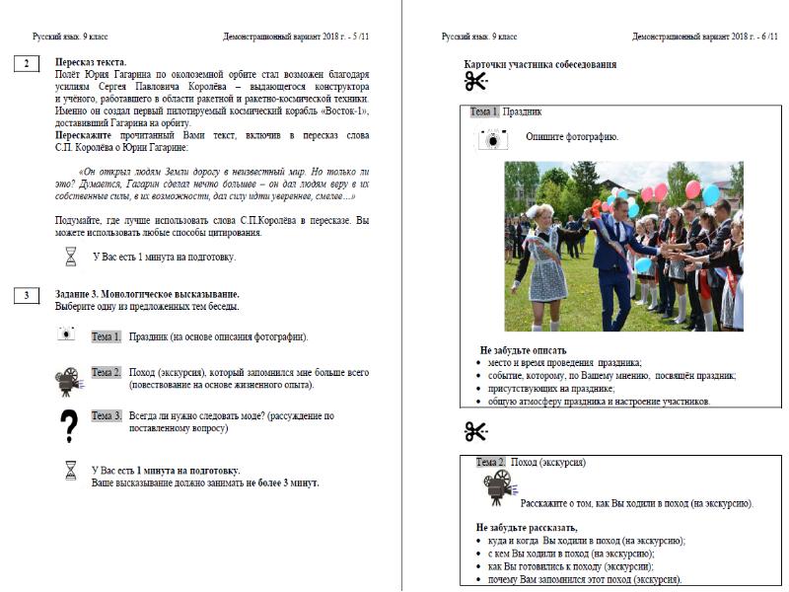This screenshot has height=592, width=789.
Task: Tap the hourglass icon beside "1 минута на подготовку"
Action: (x=70, y=257)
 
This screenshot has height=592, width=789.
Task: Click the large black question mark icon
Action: (x=68, y=426)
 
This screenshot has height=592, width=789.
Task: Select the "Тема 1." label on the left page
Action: (x=107, y=336)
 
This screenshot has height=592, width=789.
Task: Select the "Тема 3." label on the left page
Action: (x=107, y=416)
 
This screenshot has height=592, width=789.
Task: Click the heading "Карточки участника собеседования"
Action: (x=540, y=64)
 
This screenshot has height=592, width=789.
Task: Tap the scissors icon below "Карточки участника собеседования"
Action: (x=476, y=83)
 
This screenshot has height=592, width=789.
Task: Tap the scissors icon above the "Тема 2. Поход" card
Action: (x=476, y=431)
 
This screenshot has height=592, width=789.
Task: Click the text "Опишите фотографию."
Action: (x=572, y=135)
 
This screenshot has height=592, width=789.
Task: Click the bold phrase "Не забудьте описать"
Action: (x=523, y=350)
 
